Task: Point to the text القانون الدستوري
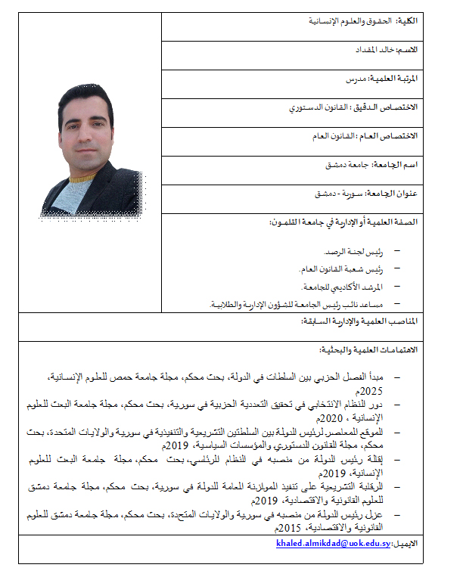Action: (x=318, y=107)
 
